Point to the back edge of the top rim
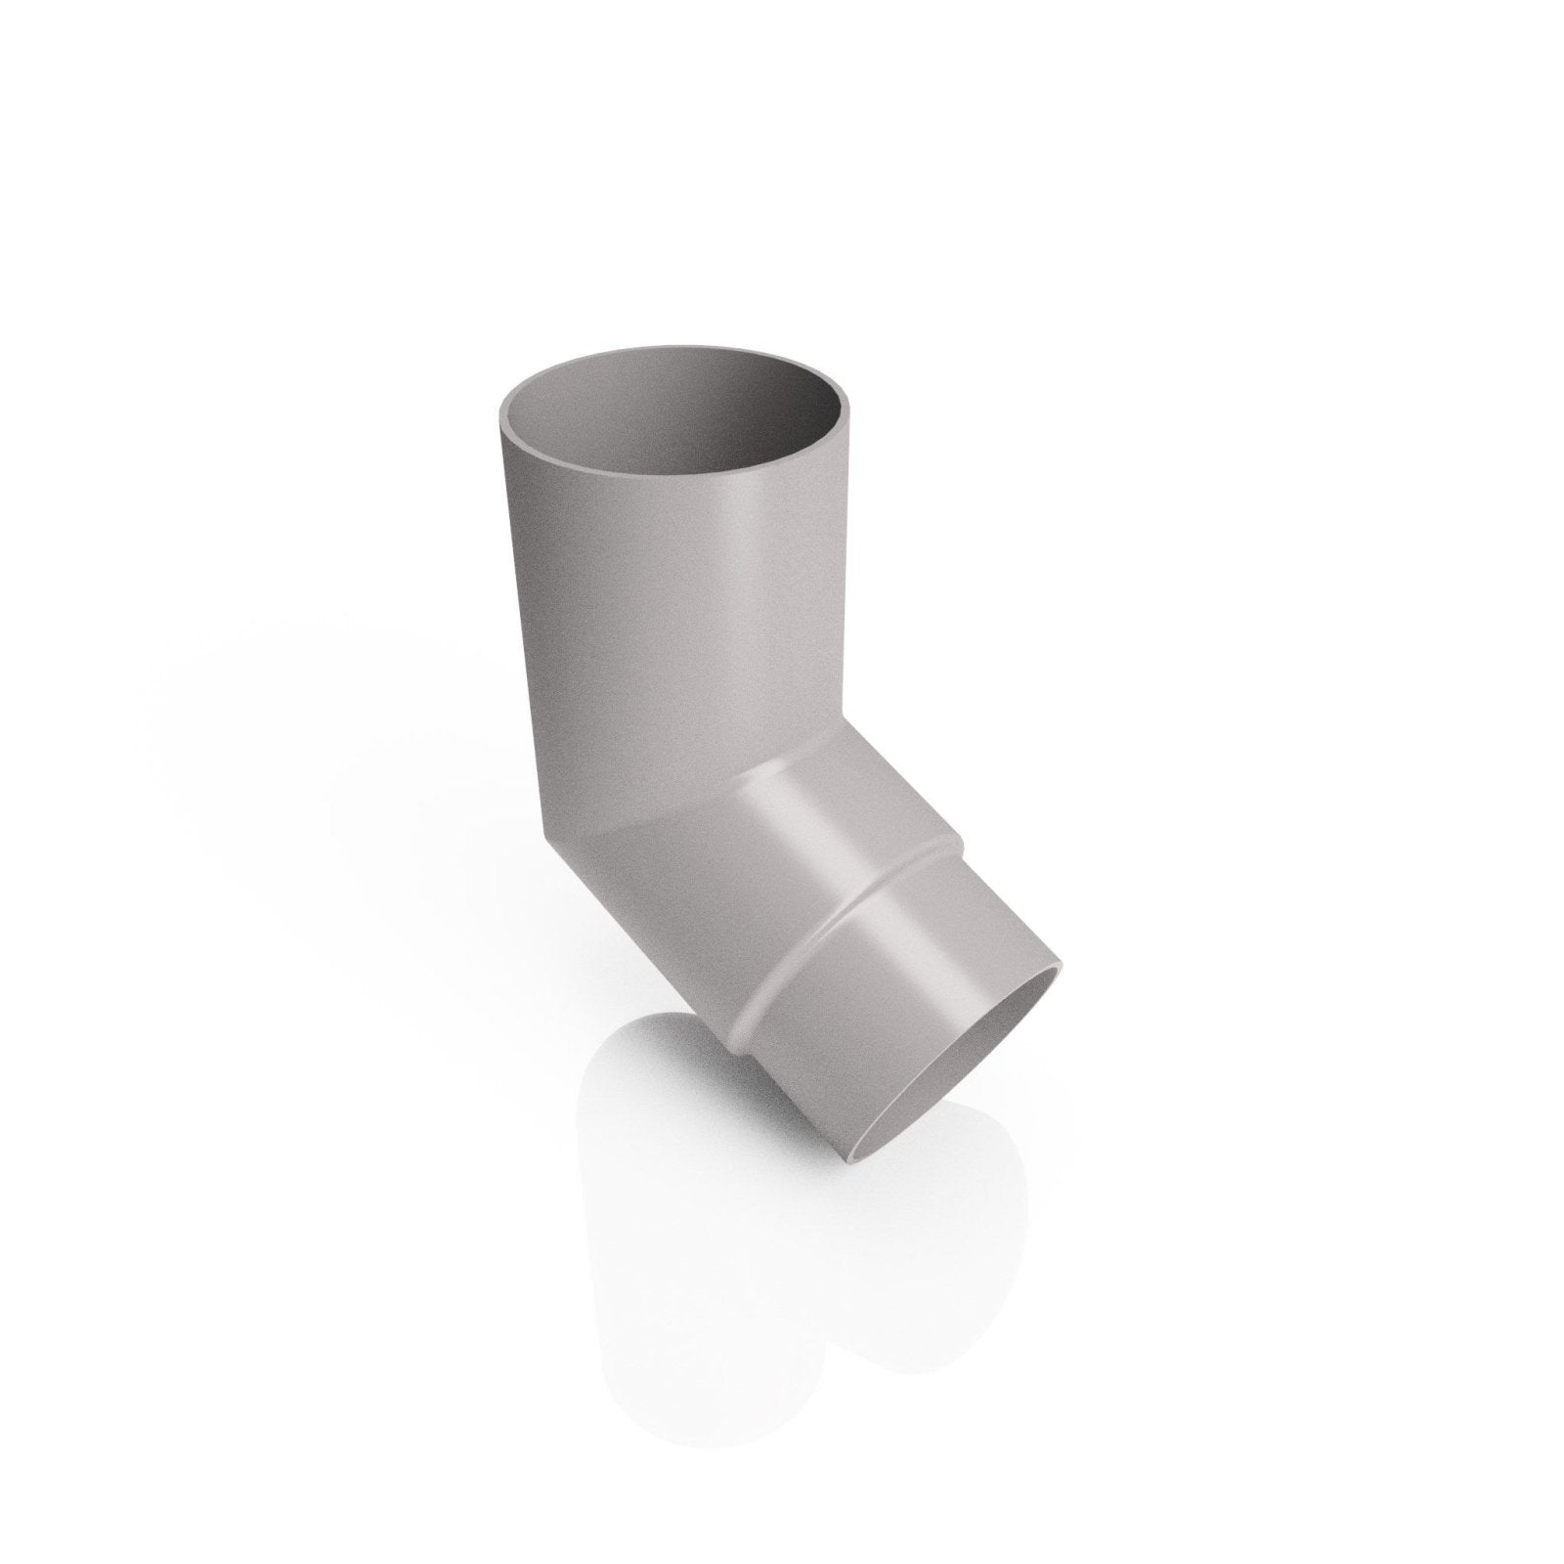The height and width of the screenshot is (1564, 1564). click(x=684, y=349)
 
